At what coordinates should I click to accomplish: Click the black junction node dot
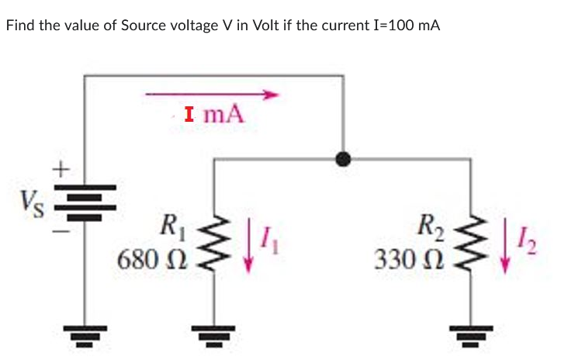pos(341,159)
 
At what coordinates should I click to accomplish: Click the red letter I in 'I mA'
pos(191,116)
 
